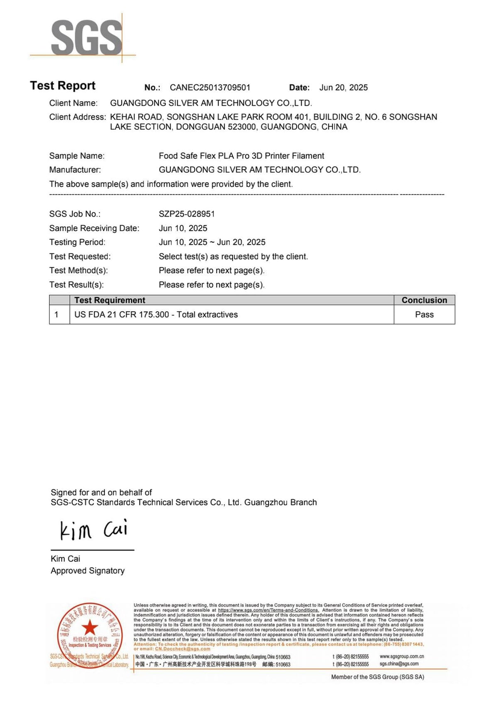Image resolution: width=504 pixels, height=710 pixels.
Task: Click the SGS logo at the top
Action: coord(86,37)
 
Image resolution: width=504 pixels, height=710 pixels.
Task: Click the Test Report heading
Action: coord(63,85)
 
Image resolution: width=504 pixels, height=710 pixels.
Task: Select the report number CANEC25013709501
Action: coord(210,88)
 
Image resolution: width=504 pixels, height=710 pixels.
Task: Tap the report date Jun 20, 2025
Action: coord(343,88)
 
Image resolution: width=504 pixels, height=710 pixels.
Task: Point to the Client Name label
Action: coord(73,103)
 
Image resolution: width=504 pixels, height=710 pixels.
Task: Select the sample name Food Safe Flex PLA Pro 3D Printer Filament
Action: coord(241,156)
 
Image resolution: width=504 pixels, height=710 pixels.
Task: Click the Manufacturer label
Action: coord(75,170)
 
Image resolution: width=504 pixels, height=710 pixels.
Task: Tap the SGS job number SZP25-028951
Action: coord(187,214)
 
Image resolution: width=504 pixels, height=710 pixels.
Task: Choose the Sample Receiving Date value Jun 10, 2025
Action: coord(183,228)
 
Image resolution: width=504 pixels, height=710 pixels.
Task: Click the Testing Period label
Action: coord(77,242)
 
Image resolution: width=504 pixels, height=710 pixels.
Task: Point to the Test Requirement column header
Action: coord(110,300)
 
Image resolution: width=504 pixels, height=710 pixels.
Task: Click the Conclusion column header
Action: coord(424,300)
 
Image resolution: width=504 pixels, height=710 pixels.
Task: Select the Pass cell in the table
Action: coord(424,315)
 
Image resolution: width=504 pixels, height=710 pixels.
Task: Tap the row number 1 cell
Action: coord(56,315)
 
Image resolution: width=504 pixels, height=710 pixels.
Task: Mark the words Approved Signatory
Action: coord(88,571)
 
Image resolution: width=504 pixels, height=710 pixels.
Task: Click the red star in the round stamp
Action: coord(90,627)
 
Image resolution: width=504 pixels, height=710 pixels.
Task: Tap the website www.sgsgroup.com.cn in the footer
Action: coord(401,656)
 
